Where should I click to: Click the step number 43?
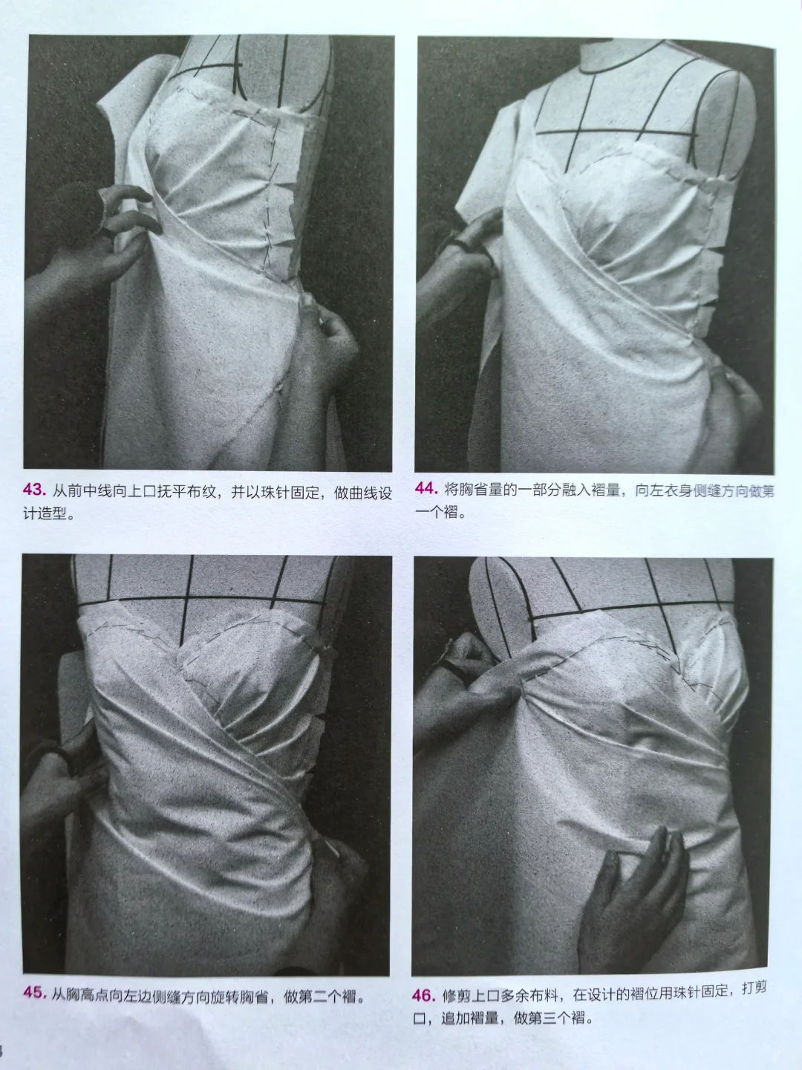[35, 491]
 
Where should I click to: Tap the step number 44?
[425, 489]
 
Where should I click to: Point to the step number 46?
[424, 994]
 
